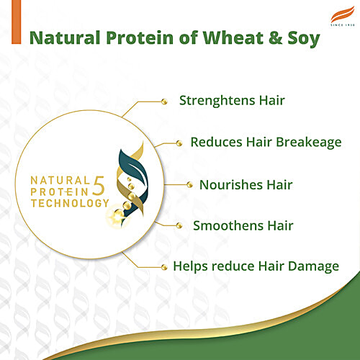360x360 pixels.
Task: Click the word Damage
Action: coord(310,266)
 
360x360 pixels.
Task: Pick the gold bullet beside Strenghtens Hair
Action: coord(165,101)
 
